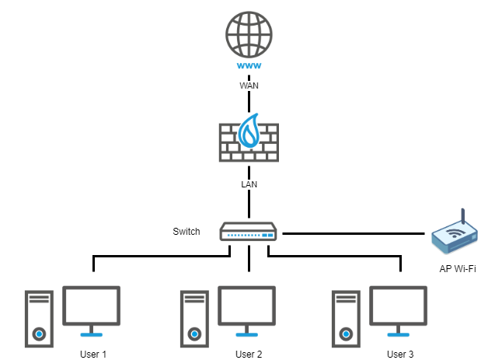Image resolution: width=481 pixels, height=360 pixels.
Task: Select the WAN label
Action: click(248, 86)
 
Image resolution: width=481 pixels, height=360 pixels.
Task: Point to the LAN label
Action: click(248, 184)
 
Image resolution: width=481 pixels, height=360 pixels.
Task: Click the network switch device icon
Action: click(248, 232)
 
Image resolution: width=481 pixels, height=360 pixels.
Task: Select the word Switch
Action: click(186, 232)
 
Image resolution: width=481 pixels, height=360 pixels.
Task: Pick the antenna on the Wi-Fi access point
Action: click(462, 216)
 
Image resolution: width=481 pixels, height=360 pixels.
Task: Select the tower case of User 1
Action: click(38, 318)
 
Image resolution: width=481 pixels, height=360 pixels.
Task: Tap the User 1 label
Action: click(92, 354)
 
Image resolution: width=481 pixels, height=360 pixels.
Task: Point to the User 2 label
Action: click(248, 354)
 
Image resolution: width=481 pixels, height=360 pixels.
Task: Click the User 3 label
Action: click(400, 354)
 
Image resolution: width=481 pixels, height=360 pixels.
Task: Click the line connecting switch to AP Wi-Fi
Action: click(354, 232)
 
